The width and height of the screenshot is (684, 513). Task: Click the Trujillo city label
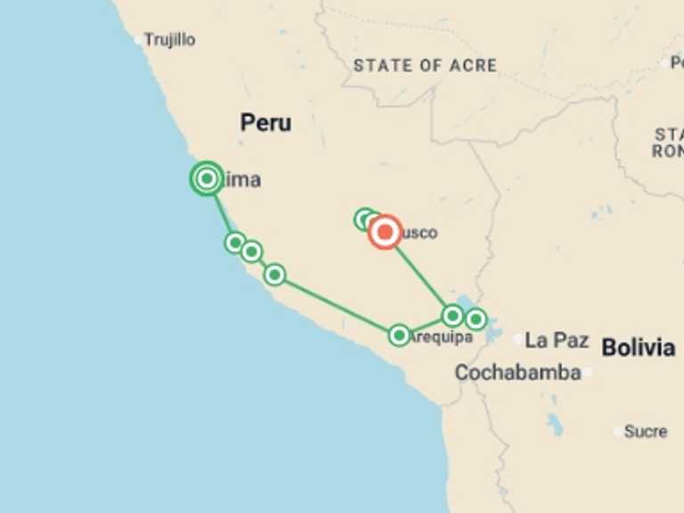(170, 40)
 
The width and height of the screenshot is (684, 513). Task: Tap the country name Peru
(265, 123)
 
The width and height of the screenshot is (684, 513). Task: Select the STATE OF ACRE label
(425, 65)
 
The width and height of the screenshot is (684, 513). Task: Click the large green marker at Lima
(207, 179)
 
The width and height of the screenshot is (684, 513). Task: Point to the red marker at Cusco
(385, 233)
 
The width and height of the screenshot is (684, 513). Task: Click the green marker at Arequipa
(399, 335)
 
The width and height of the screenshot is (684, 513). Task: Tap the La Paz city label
(557, 339)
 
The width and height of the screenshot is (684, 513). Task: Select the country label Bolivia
(638, 347)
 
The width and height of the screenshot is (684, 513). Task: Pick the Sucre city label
(646, 431)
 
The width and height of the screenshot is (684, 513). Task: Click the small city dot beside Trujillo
(138, 40)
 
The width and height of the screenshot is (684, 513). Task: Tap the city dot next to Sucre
(618, 431)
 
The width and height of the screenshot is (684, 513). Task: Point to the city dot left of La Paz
(518, 339)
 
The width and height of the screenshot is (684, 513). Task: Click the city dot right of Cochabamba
(588, 372)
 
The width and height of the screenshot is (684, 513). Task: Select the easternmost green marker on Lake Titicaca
(476, 319)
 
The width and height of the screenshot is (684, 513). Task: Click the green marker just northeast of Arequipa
(452, 315)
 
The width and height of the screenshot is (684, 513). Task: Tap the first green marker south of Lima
(235, 242)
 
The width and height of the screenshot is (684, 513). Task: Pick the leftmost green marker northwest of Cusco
(363, 218)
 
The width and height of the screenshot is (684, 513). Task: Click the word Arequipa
(443, 337)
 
